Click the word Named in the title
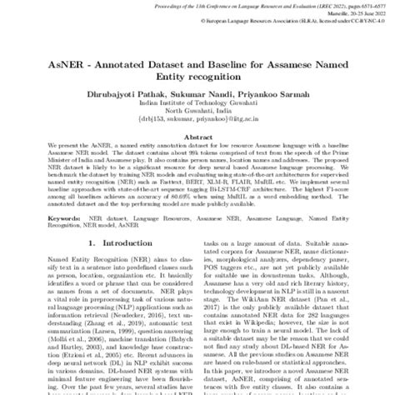351,62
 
